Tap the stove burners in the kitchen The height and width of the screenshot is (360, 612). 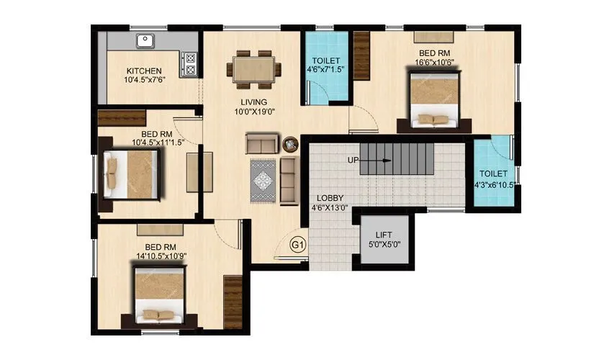(x=191, y=64)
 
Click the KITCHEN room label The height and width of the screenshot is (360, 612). (x=144, y=71)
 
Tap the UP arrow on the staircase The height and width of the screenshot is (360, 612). (x=381, y=161)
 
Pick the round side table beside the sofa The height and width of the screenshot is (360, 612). (x=290, y=143)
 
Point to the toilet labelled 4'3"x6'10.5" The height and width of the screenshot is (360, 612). (x=494, y=179)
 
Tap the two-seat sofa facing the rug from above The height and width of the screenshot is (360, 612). (x=260, y=143)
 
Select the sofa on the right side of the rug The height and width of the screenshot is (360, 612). (x=288, y=179)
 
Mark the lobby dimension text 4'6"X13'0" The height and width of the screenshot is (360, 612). (x=330, y=209)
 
